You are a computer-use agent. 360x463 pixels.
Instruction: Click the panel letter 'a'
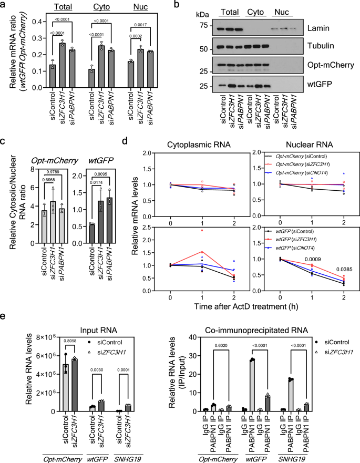click(4, 6)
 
